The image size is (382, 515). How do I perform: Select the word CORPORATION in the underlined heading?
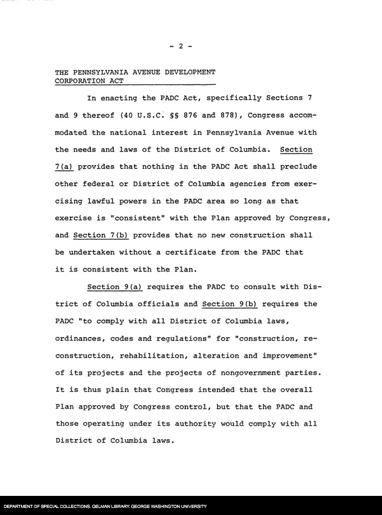[x=82, y=82]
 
